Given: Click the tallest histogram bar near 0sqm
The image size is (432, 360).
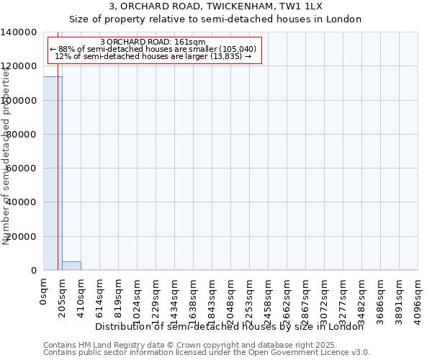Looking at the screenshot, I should pyautogui.click(x=53, y=173).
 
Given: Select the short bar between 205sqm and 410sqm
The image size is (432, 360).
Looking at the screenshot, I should pyautogui.click(x=71, y=266).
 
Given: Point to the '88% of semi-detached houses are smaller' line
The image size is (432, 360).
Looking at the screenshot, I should pyautogui.click(x=153, y=49).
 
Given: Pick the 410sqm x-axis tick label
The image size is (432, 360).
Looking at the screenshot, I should pyautogui.click(x=81, y=297).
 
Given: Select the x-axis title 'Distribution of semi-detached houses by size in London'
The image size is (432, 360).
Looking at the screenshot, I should pyautogui.click(x=230, y=327).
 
